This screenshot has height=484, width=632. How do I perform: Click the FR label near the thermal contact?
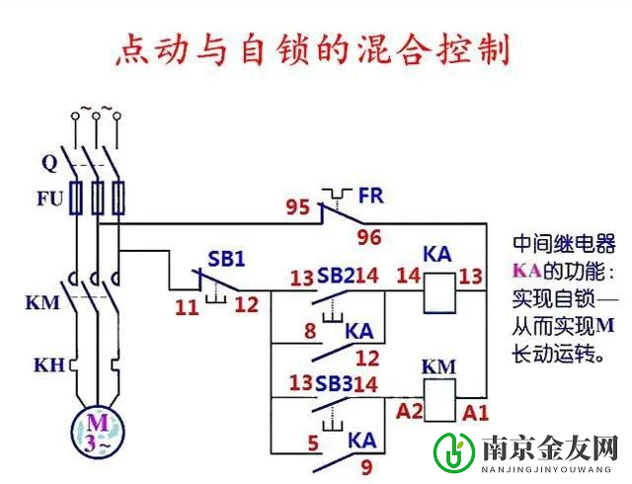(372, 196)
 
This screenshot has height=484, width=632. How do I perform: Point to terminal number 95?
(298, 208)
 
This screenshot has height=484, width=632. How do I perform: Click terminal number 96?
(369, 237)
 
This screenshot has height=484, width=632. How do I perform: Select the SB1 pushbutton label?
(225, 259)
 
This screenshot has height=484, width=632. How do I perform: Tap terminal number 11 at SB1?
(187, 306)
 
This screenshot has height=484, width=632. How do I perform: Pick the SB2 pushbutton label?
(335, 276)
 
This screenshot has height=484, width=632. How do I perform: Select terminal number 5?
(312, 444)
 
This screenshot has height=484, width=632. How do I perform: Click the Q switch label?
(49, 162)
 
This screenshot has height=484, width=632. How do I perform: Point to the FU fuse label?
(50, 199)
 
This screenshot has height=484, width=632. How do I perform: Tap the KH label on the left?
(48, 365)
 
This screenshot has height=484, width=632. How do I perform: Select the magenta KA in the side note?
(527, 270)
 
